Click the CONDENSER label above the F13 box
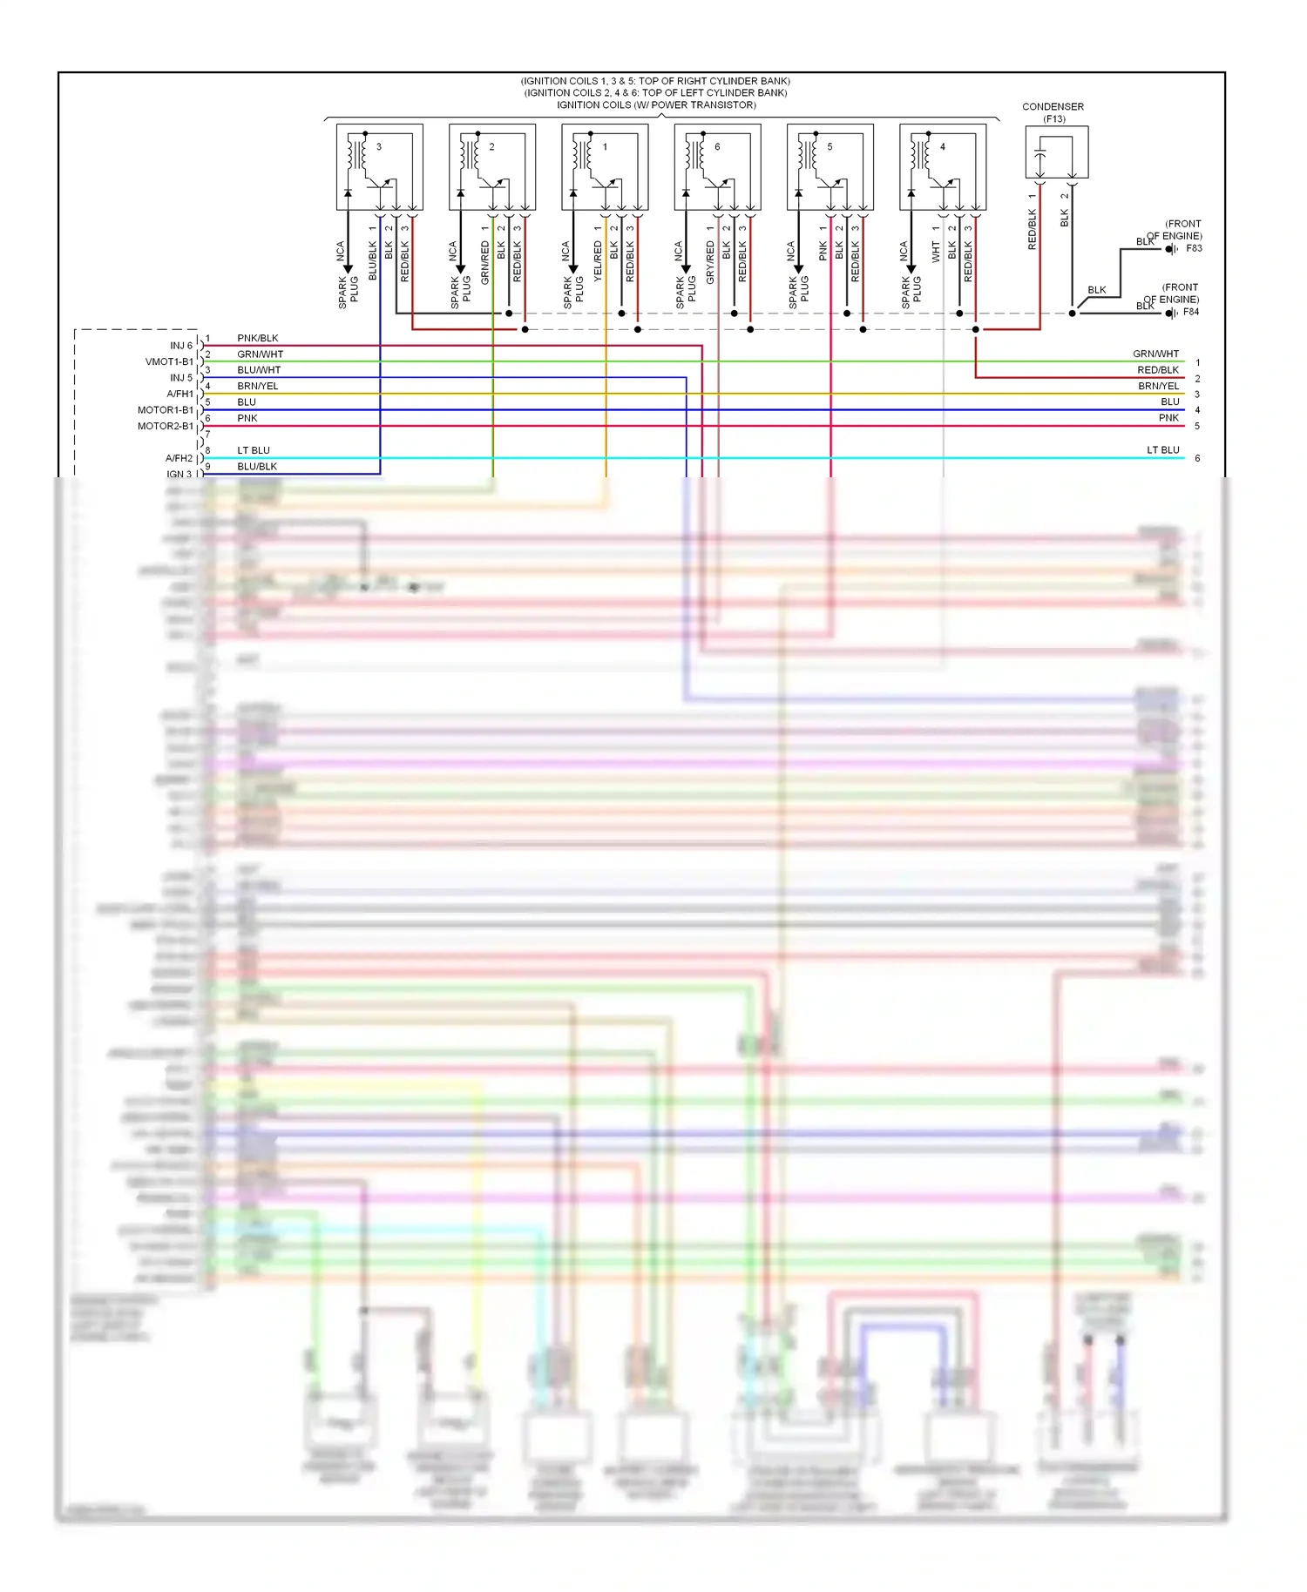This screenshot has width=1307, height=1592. tap(1053, 106)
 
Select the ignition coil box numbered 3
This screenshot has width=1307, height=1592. tap(380, 167)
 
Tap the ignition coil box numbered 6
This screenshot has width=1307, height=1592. tap(717, 167)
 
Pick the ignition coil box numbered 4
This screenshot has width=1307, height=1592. tap(943, 167)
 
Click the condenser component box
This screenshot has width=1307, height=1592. tap(1056, 152)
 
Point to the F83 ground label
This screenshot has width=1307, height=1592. tap(1194, 248)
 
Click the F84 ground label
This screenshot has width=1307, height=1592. tap(1191, 312)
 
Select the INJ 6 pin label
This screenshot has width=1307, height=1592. tap(181, 346)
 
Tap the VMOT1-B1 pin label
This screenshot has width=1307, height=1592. tap(169, 361)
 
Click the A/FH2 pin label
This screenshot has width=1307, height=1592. tap(179, 458)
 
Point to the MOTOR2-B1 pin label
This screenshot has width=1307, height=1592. tap(166, 426)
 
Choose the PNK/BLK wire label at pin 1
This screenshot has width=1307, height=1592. tap(258, 338)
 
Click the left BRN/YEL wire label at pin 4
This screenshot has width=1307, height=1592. tap(258, 386)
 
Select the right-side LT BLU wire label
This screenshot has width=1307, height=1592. tap(1162, 450)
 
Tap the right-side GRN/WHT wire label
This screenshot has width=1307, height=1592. tap(1155, 354)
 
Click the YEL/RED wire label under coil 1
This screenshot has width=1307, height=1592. tap(598, 262)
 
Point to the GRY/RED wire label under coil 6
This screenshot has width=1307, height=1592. tap(710, 262)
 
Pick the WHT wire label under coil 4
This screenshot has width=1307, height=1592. tap(936, 253)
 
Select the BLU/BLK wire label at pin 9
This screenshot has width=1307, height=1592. tap(257, 466)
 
